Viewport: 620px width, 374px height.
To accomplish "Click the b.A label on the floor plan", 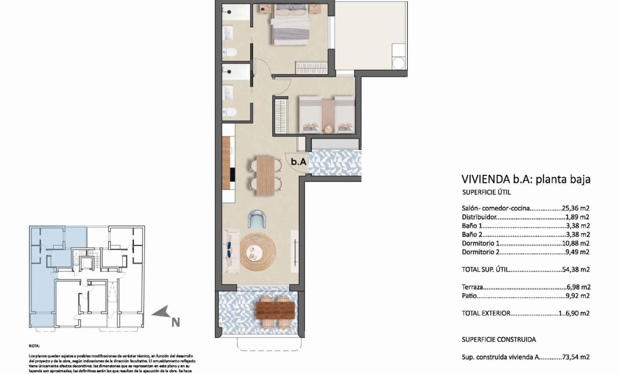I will [298, 162].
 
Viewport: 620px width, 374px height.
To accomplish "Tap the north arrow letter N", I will [175, 322].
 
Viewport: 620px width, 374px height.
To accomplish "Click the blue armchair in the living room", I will [257, 220].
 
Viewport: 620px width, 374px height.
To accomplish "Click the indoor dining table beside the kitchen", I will [267, 175].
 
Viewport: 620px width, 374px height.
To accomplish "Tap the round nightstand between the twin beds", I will [328, 129].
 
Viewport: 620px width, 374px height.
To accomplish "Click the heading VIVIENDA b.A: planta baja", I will [526, 179].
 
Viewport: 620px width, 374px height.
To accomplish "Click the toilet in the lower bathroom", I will [231, 112].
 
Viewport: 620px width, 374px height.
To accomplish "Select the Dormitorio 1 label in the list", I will [482, 243].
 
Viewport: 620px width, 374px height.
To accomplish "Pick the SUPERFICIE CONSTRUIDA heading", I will [499, 340].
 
